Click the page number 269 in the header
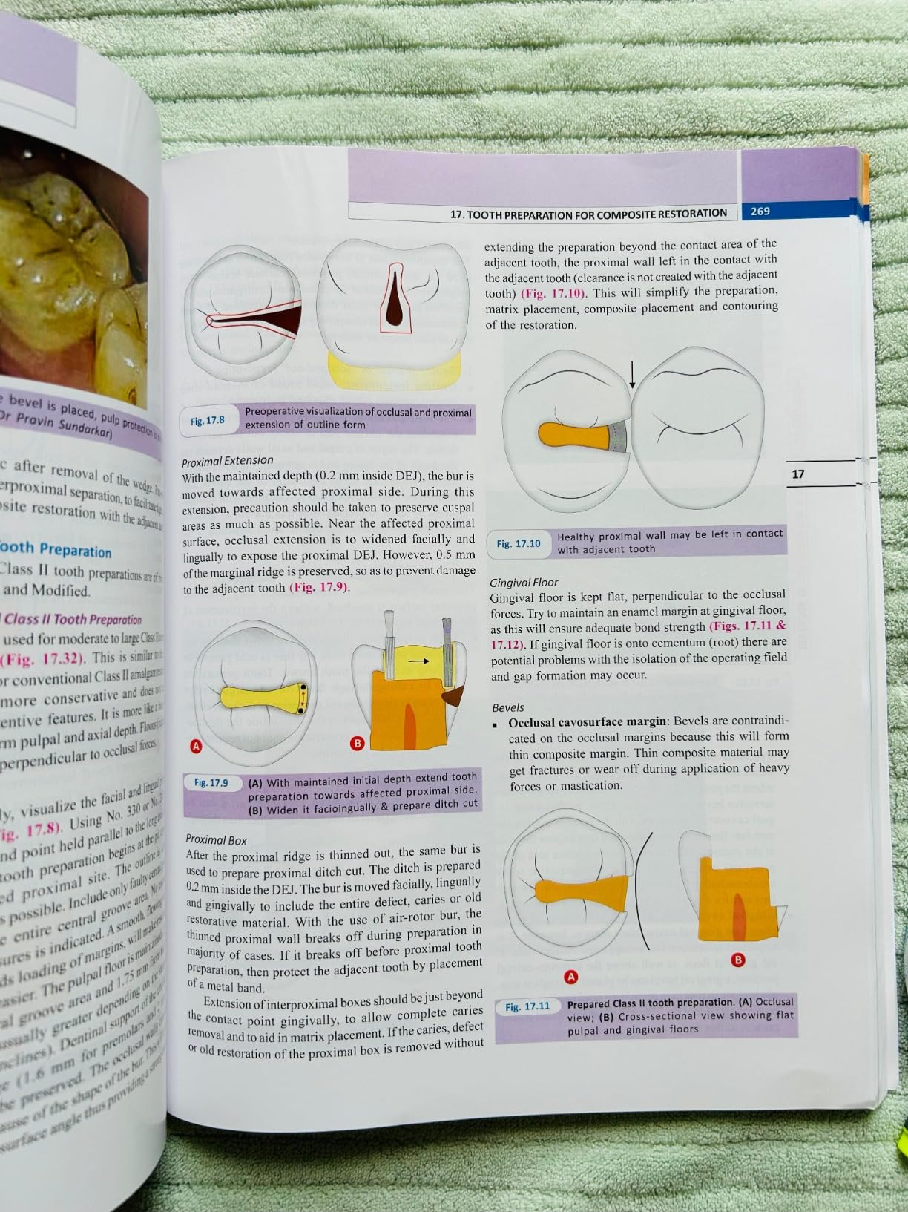(760, 212)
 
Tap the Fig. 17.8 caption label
(207, 421)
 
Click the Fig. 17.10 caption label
(519, 543)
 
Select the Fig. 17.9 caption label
(211, 782)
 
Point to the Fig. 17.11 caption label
(527, 1006)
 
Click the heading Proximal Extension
(228, 460)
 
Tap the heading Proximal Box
(217, 839)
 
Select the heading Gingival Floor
(524, 583)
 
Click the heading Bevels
(508, 707)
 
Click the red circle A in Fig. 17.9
(197, 746)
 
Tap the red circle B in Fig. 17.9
(357, 743)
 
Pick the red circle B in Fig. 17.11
(738, 960)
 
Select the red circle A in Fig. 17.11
(570, 977)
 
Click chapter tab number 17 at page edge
(798, 474)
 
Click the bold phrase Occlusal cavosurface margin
(588, 721)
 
